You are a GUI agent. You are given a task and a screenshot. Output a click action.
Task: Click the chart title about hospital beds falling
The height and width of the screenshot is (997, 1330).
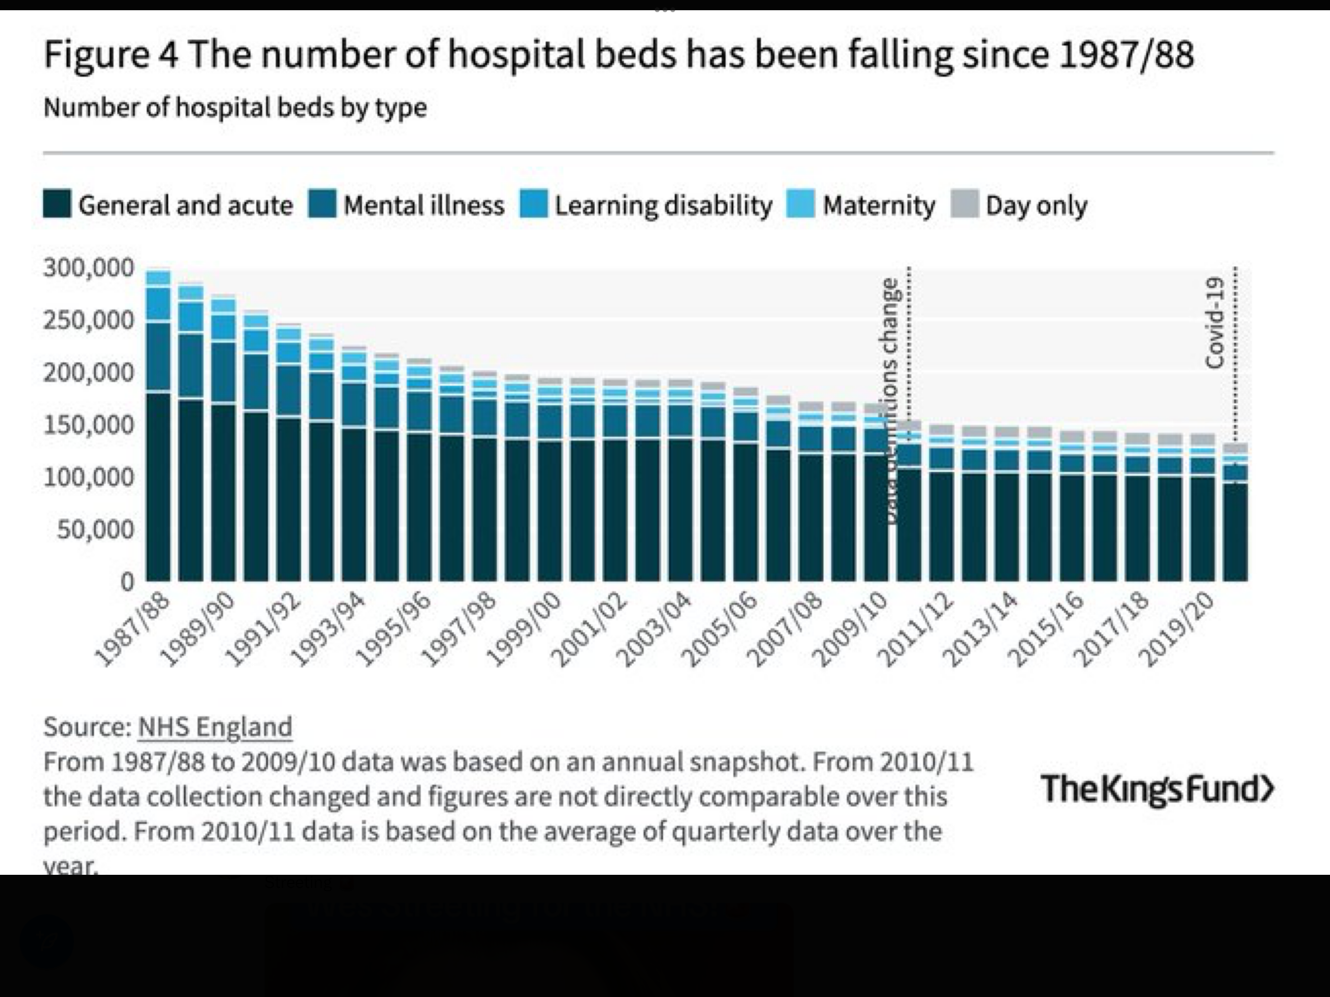coord(618,55)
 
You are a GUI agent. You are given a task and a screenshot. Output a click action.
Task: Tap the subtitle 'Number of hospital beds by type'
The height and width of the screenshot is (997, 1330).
coord(235,108)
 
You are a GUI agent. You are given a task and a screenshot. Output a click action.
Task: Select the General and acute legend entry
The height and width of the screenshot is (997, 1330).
coord(168,205)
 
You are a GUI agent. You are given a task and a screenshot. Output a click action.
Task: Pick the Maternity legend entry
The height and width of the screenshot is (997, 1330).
coord(861,205)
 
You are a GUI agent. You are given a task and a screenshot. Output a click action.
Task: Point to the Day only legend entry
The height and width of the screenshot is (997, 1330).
coord(1020,205)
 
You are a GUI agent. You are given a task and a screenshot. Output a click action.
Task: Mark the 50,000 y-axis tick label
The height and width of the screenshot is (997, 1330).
coord(95,530)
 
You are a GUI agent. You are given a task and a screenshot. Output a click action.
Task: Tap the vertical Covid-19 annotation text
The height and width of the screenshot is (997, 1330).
coord(1215,322)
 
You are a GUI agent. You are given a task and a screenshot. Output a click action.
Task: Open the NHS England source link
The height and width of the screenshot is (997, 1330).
coord(215,727)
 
